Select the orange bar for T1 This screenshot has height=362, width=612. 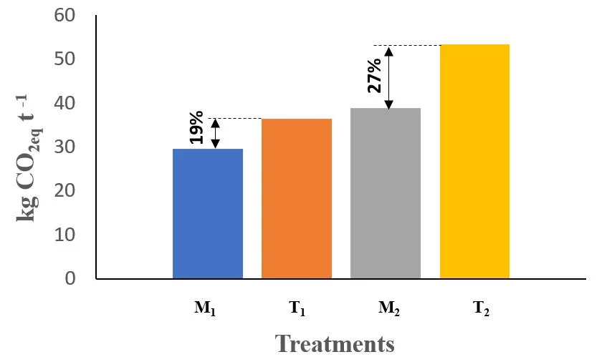click(297, 198)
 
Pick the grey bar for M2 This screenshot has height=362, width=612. click(386, 193)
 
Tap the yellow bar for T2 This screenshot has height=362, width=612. click(474, 161)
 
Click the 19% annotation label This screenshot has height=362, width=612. click(197, 128)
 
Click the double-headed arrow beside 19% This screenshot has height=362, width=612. click(216, 133)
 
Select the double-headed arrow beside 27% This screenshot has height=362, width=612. click(388, 77)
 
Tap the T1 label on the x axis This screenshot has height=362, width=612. click(297, 309)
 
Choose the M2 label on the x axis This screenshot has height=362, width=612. click(386, 309)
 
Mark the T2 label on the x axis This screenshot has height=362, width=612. click(474, 309)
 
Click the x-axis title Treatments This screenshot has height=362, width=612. click(335, 343)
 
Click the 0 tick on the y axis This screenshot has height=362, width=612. click(70, 278)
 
